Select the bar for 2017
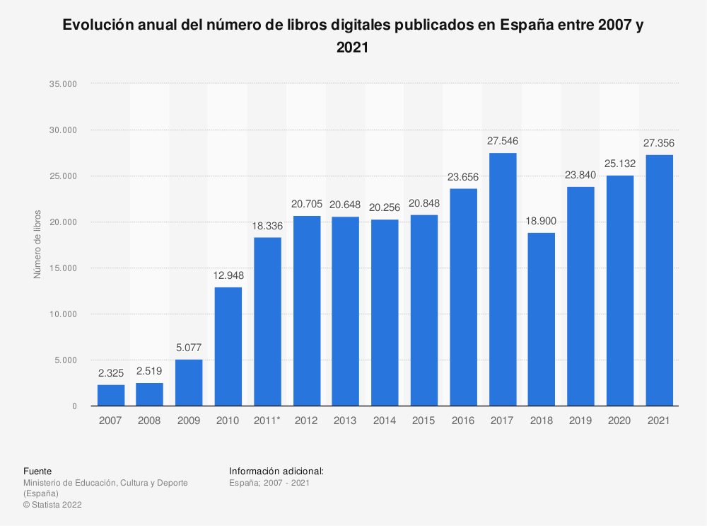502,280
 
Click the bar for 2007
111,395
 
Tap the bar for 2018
542,319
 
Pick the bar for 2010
228,346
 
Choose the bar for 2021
659,280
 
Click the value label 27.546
502,142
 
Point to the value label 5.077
189,348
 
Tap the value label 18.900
542,222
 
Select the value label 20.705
307,205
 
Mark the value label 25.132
619,164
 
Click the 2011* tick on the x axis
267,421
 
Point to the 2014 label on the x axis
385,421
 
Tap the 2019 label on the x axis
580,421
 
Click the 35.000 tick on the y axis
64,84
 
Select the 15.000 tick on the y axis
64,268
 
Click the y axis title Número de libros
37,244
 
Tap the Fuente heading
37,471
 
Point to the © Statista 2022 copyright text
53,505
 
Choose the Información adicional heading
276,471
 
